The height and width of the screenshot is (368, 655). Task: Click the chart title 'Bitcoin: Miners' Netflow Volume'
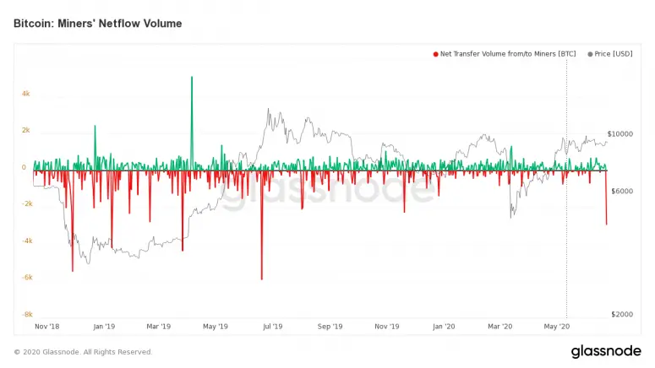click(x=97, y=24)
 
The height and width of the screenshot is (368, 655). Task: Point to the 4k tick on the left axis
click(x=26, y=94)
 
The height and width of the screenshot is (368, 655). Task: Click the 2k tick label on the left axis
click(x=26, y=131)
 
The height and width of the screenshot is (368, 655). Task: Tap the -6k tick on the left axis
click(x=26, y=277)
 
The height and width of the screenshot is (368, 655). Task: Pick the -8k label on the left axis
click(x=26, y=314)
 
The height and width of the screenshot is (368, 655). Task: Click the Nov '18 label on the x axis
click(x=46, y=326)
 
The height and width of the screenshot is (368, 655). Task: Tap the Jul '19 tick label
click(x=272, y=326)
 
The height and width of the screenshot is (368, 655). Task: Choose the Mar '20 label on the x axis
click(x=500, y=326)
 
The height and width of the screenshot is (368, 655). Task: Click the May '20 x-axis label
click(x=556, y=326)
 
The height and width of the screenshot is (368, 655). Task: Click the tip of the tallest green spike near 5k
click(x=192, y=78)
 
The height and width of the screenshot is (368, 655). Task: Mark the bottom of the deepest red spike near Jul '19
click(x=261, y=279)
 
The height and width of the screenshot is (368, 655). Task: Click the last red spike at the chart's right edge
click(x=606, y=223)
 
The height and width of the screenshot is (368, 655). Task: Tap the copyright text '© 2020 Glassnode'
click(x=83, y=352)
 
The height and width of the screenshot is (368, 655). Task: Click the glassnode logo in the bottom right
click(x=606, y=351)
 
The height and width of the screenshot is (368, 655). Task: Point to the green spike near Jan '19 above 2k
click(x=95, y=127)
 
